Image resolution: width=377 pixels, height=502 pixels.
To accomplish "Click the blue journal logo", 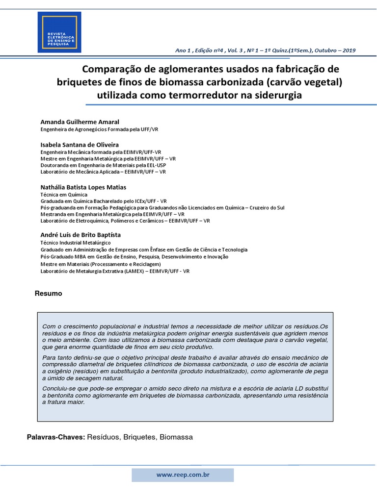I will pos(59,32).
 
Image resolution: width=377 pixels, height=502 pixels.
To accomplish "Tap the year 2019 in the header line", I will pos(349,50).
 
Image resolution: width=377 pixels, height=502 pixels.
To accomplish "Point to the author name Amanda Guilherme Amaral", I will pos(80,122).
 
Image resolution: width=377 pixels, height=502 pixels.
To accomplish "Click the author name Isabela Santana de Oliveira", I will pos(79,145).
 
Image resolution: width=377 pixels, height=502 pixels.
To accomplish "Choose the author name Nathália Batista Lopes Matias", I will pos(83,187).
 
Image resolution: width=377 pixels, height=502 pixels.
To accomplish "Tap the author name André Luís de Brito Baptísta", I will pos(80,235).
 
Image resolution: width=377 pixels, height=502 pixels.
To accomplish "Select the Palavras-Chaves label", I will pos(56,437).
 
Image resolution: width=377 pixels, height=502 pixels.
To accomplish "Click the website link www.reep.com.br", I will pos(183,475).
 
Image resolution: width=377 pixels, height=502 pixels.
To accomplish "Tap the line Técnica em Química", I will pos(64,195).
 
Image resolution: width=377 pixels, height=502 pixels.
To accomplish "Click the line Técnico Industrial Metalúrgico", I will pos(76,243).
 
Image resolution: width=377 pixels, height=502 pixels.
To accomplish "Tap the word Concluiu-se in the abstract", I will pos(59,388).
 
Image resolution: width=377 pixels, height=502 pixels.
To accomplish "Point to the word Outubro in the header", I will pos(325,50).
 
